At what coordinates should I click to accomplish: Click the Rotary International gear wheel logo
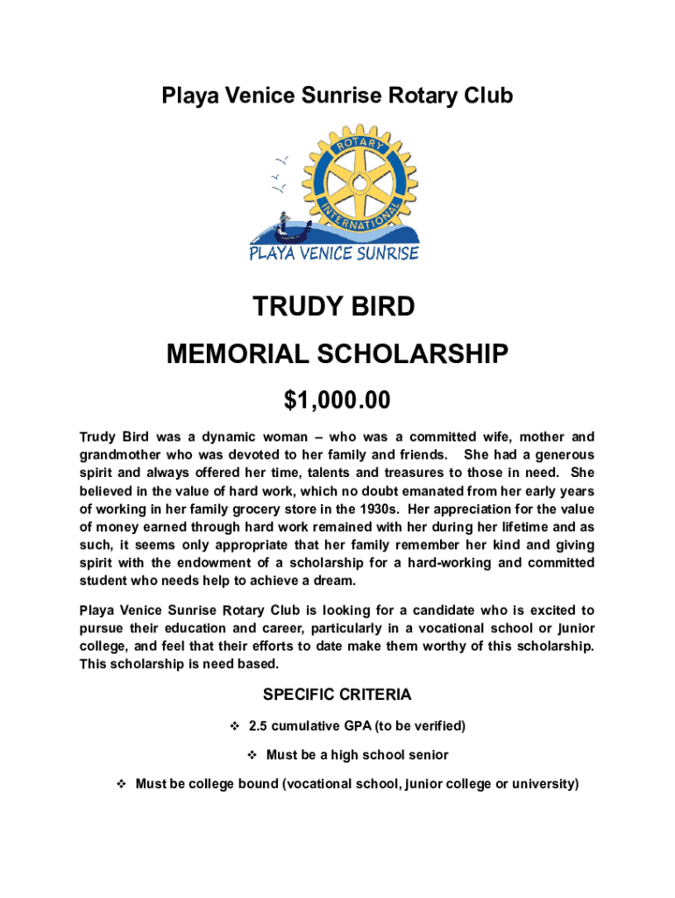(355, 180)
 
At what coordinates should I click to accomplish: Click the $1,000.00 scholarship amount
(337, 401)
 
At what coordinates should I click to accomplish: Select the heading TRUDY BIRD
(333, 307)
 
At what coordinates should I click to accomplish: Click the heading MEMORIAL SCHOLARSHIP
(337, 354)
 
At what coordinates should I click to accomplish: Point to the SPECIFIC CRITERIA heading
(337, 695)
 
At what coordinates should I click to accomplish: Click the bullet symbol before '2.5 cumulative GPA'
(234, 726)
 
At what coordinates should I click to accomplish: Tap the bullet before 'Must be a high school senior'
(251, 755)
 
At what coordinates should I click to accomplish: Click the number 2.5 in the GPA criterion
(259, 726)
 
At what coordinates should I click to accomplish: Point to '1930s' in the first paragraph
(379, 509)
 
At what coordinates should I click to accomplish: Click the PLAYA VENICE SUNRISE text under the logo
(334, 253)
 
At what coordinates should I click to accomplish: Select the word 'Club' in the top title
(486, 96)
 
